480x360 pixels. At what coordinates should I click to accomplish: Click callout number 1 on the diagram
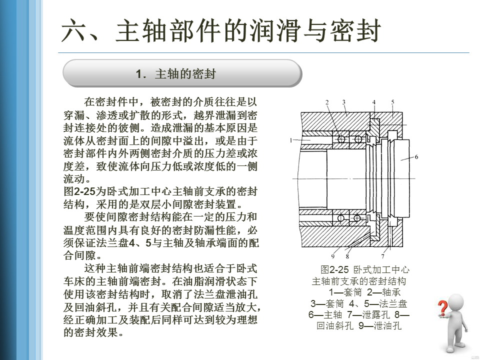(290, 141)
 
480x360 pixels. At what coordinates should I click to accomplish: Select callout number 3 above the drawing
(343, 102)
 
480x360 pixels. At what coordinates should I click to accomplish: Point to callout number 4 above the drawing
(373, 102)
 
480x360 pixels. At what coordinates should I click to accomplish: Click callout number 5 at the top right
(392, 102)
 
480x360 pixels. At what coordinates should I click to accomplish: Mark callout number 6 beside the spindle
(416, 157)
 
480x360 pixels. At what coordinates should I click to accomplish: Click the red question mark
(442, 308)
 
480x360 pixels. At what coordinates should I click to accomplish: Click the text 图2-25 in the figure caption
(334, 270)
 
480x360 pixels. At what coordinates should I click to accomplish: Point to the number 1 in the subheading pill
(140, 74)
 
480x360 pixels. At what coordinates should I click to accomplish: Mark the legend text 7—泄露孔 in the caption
(363, 315)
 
